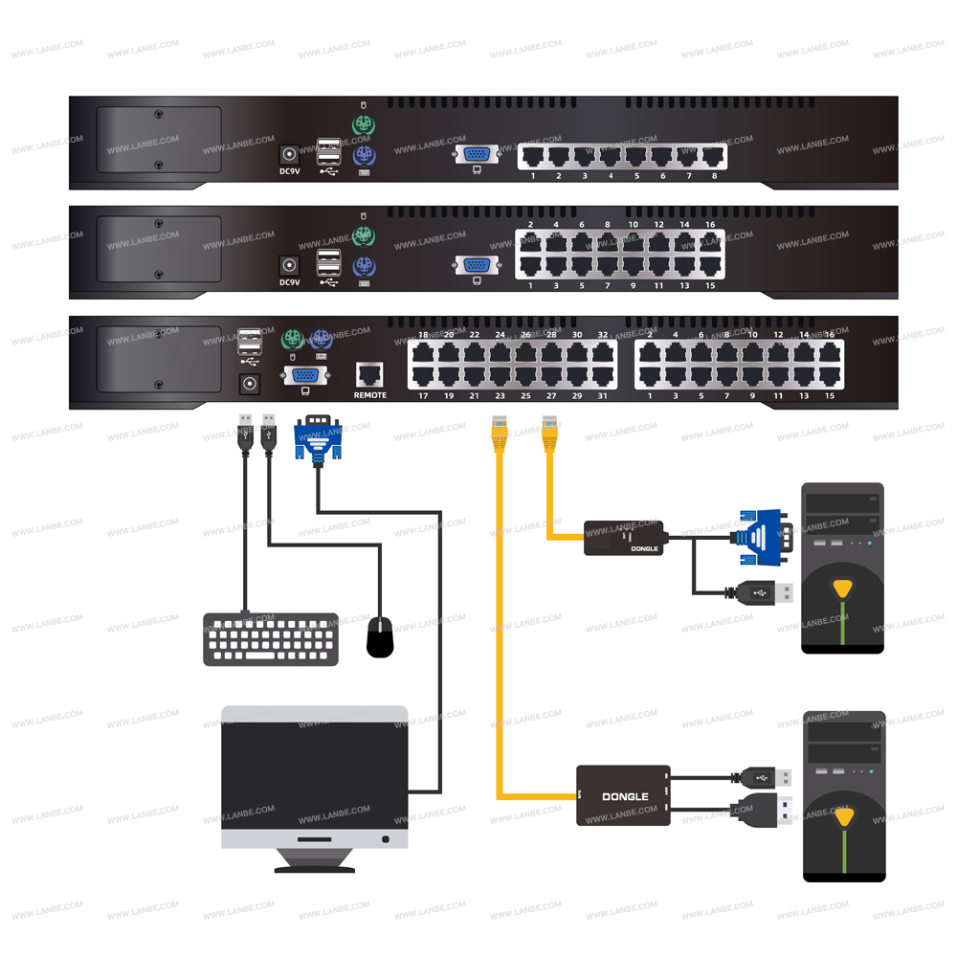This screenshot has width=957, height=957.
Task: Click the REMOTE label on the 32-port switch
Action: [x=370, y=394]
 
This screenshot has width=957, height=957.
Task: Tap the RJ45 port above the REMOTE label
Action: [x=369, y=373]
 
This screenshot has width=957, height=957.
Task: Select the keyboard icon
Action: [x=270, y=639]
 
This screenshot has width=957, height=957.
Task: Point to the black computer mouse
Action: [x=380, y=637]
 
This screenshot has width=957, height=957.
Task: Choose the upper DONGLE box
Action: [x=625, y=538]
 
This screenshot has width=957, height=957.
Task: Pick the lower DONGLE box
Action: [x=623, y=795]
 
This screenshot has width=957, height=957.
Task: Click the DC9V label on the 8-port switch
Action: [x=289, y=172]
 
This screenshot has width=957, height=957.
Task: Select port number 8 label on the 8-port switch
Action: [x=714, y=176]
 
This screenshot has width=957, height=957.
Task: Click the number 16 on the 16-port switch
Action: [x=710, y=224]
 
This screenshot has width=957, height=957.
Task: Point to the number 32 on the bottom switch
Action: [x=603, y=335]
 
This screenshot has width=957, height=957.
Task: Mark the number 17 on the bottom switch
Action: [x=423, y=395]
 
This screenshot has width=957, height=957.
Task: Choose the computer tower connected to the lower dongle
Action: [x=843, y=795]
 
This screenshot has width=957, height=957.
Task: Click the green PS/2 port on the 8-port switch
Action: [x=362, y=125]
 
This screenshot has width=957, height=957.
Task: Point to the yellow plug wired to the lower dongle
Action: [x=499, y=432]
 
